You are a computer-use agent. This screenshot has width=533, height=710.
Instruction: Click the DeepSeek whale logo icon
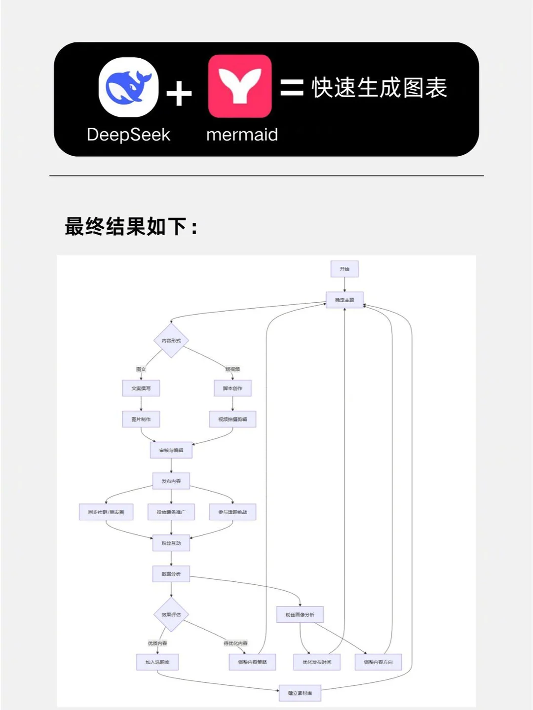pos(128,87)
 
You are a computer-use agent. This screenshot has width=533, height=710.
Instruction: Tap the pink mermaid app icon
pos(240,86)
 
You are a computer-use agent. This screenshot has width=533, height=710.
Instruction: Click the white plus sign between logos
pos(179,94)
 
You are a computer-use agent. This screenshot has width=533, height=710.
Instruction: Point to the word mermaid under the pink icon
pos(242,135)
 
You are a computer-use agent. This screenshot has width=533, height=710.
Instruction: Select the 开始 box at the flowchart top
pos(344,269)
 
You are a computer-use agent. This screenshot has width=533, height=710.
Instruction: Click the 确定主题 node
pos(344,300)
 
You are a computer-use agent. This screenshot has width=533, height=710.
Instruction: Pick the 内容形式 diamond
pos(171,341)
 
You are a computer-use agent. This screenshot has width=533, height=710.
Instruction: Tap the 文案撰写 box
pos(141,389)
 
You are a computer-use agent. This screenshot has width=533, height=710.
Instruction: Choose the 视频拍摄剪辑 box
pos(232,419)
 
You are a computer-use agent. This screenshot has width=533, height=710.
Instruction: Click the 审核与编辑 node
pos(171,450)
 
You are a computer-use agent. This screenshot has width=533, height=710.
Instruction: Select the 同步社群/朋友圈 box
pos(106,512)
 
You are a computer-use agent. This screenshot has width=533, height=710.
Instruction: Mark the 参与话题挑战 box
pos(232,512)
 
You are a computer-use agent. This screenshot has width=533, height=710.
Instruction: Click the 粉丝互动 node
pos(171,543)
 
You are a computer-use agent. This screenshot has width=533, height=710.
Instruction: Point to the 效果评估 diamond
pos(171,615)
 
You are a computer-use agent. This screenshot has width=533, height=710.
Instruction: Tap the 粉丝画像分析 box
pos(300,615)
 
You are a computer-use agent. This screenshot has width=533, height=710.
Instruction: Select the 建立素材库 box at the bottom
pos(300,693)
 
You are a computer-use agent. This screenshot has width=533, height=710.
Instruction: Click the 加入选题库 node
pos(157,662)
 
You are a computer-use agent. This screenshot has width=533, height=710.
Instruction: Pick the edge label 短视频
pos(232,369)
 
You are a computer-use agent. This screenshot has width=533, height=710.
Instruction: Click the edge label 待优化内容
pos(236,643)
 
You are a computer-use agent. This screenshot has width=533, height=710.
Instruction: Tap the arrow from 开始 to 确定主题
pos(344,284)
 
